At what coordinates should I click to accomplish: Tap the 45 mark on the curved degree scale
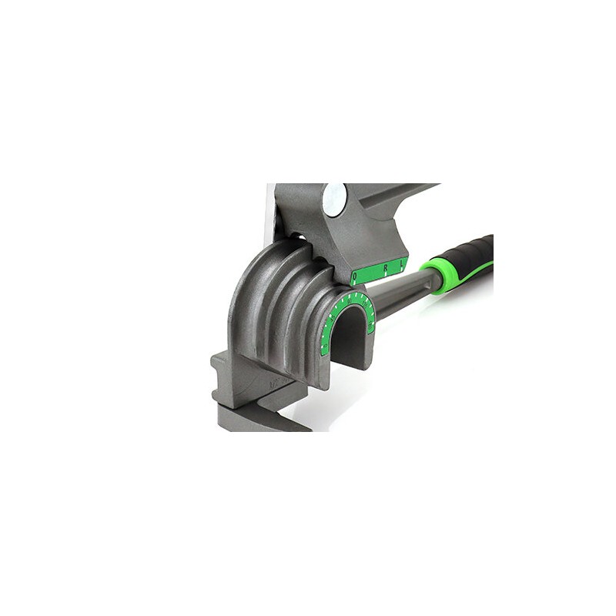coord(333,317)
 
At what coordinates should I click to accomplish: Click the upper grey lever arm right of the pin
coord(393,204)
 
